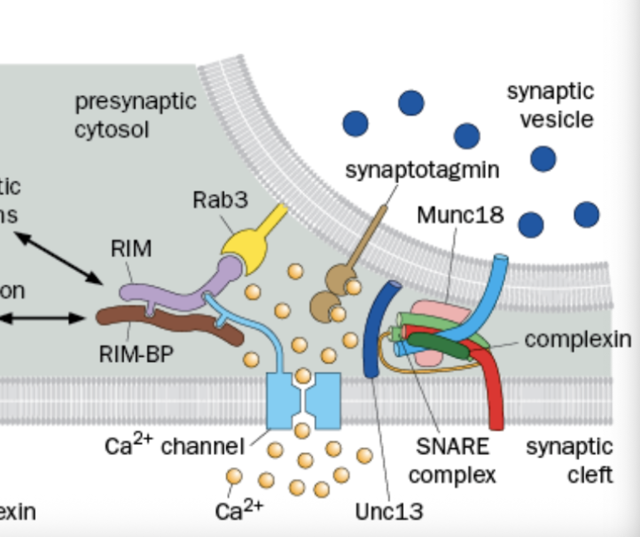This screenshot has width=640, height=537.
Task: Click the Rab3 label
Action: (x=220, y=201)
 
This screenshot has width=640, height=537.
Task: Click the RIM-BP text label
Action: (x=136, y=354)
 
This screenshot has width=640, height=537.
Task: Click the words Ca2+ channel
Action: (x=174, y=446)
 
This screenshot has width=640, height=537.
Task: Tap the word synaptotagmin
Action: (x=422, y=170)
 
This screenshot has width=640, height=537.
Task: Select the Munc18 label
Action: (x=460, y=215)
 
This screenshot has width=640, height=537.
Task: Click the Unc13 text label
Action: (x=389, y=511)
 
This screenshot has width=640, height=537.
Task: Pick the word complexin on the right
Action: (x=577, y=339)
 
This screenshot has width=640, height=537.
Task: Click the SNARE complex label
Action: (x=452, y=461)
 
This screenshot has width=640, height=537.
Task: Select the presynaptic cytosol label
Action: (x=135, y=115)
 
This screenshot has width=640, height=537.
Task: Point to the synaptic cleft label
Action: (x=569, y=461)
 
